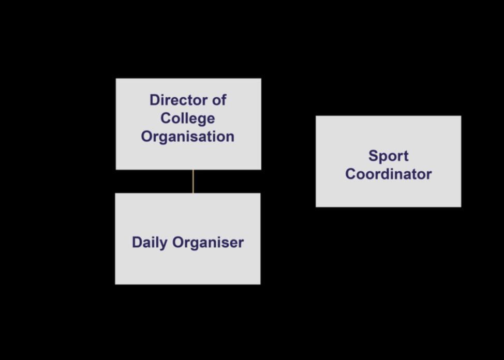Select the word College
tap(187, 118)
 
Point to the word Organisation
tap(187, 137)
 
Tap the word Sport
tap(388, 156)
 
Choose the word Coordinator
tap(388, 174)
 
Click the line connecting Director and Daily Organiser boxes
tap(193, 181)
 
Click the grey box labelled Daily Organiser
tap(187, 266)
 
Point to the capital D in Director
tap(154, 100)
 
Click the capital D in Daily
tap(137, 242)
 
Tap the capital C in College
tap(166, 118)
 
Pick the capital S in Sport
tap(373, 156)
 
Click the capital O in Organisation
tap(146, 137)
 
